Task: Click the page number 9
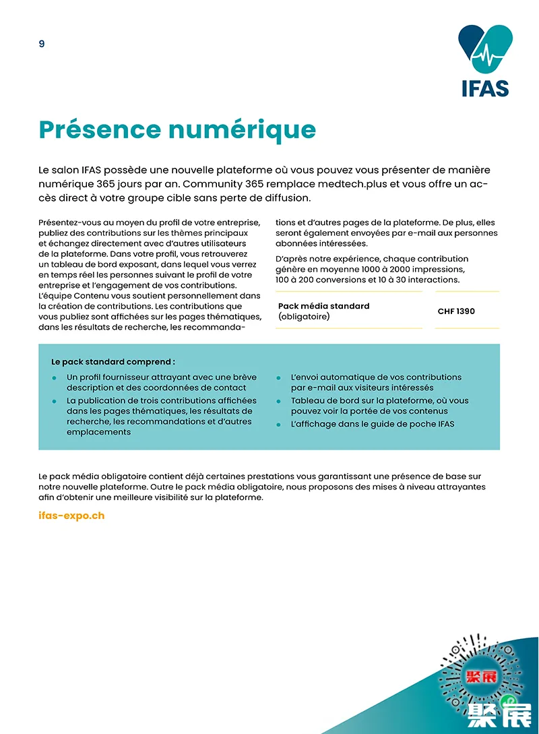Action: click(42, 44)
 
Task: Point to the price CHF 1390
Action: click(456, 311)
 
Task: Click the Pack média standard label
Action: click(323, 306)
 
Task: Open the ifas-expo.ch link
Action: click(71, 516)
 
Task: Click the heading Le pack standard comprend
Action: click(113, 362)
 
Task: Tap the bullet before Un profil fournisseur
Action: click(54, 377)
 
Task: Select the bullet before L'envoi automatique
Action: click(278, 377)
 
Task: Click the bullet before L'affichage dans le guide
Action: click(278, 425)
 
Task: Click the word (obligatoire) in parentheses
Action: click(304, 316)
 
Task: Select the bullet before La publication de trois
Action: click(54, 401)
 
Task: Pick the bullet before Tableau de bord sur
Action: click(278, 401)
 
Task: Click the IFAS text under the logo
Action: click(485, 88)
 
